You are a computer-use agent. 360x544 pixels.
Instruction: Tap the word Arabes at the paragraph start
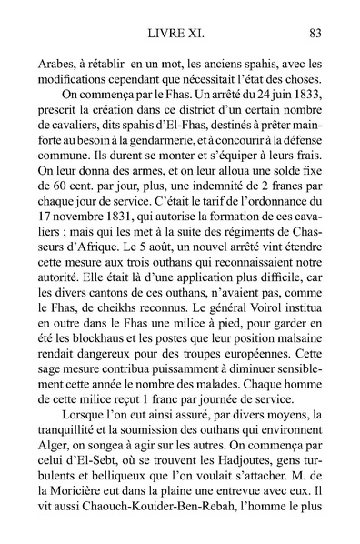58,65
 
